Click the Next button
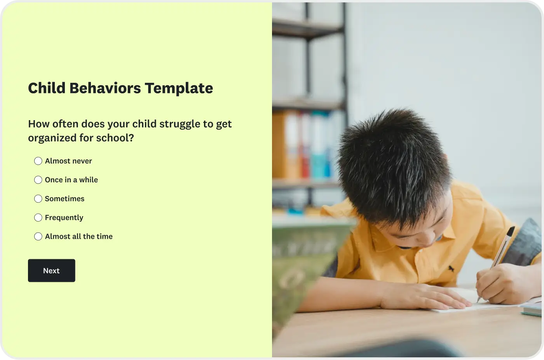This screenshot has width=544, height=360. coord(51,270)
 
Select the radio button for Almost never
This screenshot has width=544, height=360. coord(38,161)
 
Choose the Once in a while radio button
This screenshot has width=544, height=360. coord(38,180)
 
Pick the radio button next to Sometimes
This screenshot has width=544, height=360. coord(38,199)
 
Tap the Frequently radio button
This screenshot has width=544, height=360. coord(38,217)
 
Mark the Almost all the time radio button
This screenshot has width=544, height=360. coord(38,236)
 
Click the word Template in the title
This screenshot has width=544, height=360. coord(179,88)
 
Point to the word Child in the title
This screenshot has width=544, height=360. coord(47,88)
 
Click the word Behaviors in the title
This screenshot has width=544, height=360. coord(105,88)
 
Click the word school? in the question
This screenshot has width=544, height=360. coord(115,138)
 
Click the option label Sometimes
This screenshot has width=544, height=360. coord(65,199)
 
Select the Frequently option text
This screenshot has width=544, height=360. coord(64,218)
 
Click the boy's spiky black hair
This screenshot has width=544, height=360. coord(393,165)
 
